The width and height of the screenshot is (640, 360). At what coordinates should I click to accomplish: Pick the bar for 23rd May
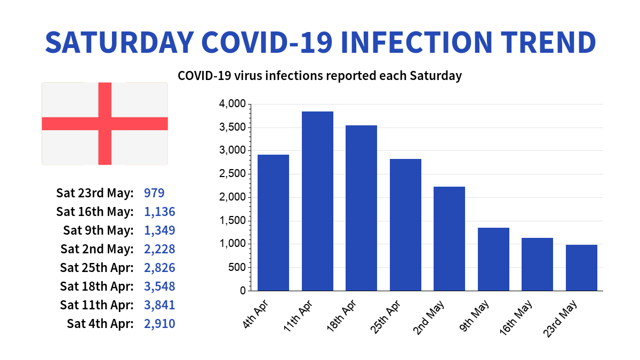[581, 268]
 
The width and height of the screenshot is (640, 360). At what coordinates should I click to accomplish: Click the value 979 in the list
[154, 193]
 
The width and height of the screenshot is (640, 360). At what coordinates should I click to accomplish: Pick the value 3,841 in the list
[159, 305]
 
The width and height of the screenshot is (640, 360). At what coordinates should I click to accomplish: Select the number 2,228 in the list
[159, 249]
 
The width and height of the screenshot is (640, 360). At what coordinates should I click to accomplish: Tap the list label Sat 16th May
[94, 212]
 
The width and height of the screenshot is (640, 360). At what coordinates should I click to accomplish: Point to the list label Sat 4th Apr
[100, 324]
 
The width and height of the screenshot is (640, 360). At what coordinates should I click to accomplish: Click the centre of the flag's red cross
[105, 124]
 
